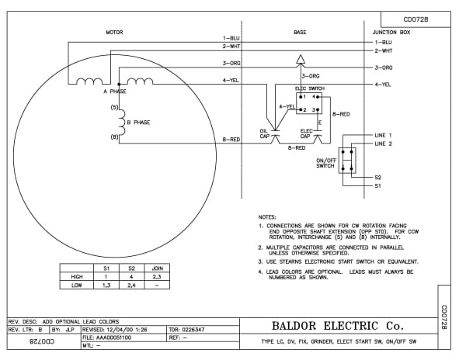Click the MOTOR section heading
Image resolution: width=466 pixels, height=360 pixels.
(x=114, y=32)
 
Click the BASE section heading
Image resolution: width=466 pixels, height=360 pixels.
(x=300, y=32)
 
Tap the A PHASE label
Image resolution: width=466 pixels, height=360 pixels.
(x=115, y=91)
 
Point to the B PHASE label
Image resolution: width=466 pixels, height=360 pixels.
(x=137, y=122)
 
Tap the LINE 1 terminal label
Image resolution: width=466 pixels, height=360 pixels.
(x=384, y=135)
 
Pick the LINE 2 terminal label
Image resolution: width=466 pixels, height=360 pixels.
(x=384, y=144)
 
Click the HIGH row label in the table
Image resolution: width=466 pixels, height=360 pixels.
(x=76, y=275)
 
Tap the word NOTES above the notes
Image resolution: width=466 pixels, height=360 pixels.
(x=267, y=216)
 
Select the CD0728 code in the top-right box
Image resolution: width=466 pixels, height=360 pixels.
(x=416, y=19)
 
